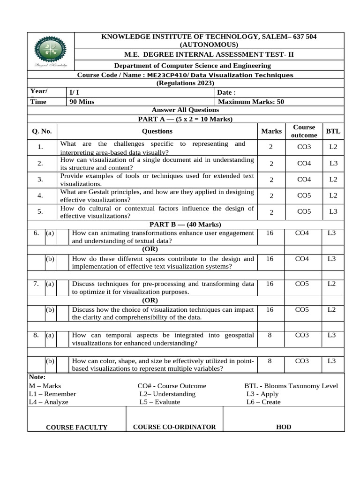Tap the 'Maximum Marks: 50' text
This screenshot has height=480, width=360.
click(x=251, y=102)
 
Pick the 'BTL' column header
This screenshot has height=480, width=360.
click(x=333, y=131)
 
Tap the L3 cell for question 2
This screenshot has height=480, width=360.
click(x=333, y=164)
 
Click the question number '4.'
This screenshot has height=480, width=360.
click(x=41, y=195)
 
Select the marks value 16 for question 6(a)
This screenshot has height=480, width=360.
click(x=270, y=232)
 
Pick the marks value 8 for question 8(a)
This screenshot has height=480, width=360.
click(x=270, y=335)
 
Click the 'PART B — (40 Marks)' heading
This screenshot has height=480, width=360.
click(x=185, y=225)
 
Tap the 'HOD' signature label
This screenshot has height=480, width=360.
click(x=284, y=427)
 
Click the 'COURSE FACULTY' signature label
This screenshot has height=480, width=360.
click(x=76, y=427)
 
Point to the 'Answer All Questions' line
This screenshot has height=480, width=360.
click(x=185, y=110)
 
